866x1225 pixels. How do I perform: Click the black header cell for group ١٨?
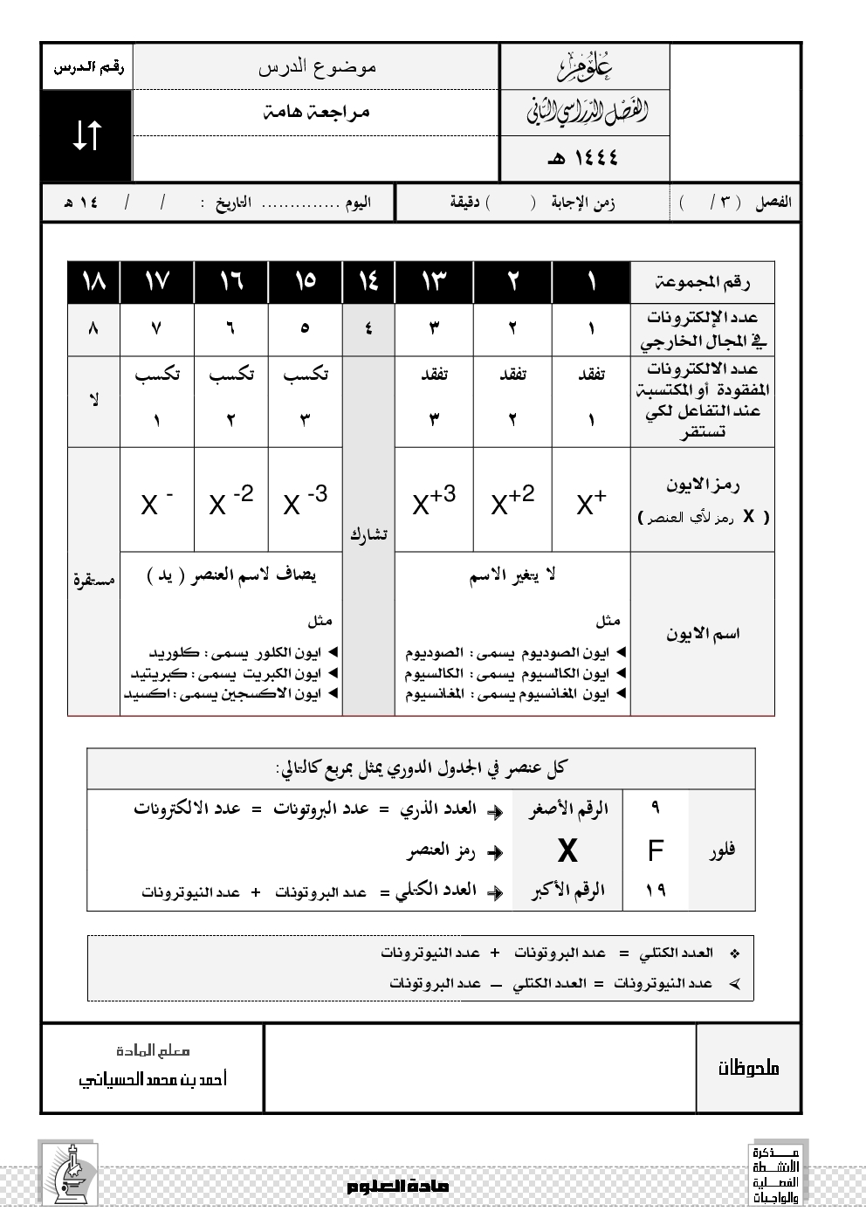(x=93, y=281)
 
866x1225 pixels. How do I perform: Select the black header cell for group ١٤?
(x=368, y=281)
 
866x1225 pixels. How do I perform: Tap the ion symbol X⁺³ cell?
(x=434, y=501)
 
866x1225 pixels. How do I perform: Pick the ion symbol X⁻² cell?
(x=231, y=501)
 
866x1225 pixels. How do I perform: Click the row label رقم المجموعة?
(x=702, y=282)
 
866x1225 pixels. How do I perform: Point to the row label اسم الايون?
(x=702, y=634)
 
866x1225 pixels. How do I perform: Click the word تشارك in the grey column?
(x=368, y=534)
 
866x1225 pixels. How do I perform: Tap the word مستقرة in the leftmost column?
(x=93, y=580)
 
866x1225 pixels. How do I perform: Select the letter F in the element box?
(x=655, y=850)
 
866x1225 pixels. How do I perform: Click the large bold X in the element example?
(x=567, y=850)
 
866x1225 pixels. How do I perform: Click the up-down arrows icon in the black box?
(x=86, y=135)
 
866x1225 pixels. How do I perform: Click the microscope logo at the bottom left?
(x=68, y=1173)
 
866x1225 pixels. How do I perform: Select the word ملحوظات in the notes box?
(x=748, y=1068)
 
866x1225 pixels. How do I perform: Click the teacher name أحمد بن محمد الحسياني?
(x=153, y=1079)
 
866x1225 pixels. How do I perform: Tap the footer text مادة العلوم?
(x=397, y=1187)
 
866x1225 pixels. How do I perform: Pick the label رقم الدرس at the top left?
(x=87, y=66)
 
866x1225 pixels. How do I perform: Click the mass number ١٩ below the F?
(x=655, y=890)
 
